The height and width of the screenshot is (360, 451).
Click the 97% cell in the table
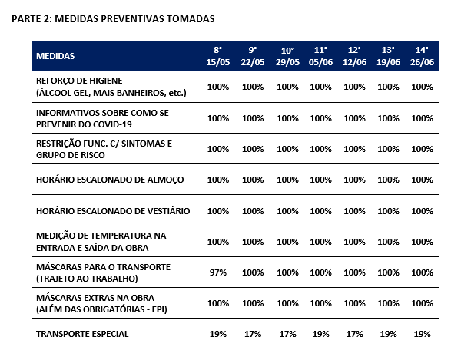tap(217, 272)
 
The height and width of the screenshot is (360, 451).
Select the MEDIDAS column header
tap(55, 56)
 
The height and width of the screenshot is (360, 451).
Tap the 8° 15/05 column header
tap(217, 56)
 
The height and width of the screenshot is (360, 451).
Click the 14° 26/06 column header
tap(422, 56)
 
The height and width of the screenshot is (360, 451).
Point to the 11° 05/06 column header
tap(320, 56)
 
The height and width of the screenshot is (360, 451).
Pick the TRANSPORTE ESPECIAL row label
tap(82, 334)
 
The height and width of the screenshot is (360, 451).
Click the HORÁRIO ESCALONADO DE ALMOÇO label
tap(110, 180)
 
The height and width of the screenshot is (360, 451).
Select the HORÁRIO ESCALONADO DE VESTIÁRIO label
tap(113, 211)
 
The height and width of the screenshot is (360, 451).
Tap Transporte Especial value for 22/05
tap(253, 334)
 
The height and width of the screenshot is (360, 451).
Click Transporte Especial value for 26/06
tap(422, 334)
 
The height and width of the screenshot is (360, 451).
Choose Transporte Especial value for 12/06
tap(354, 334)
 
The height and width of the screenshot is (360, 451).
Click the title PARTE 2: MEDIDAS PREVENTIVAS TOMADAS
tap(113, 19)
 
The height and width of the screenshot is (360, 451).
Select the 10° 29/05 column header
tap(287, 56)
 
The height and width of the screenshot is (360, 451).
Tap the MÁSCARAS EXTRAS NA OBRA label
tap(95, 298)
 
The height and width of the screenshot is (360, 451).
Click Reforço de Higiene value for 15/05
tap(217, 87)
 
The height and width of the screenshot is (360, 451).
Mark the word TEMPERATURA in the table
tap(118, 236)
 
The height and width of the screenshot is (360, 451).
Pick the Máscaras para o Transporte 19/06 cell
tap(388, 272)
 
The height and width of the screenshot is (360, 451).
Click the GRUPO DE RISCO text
tap(71, 155)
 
